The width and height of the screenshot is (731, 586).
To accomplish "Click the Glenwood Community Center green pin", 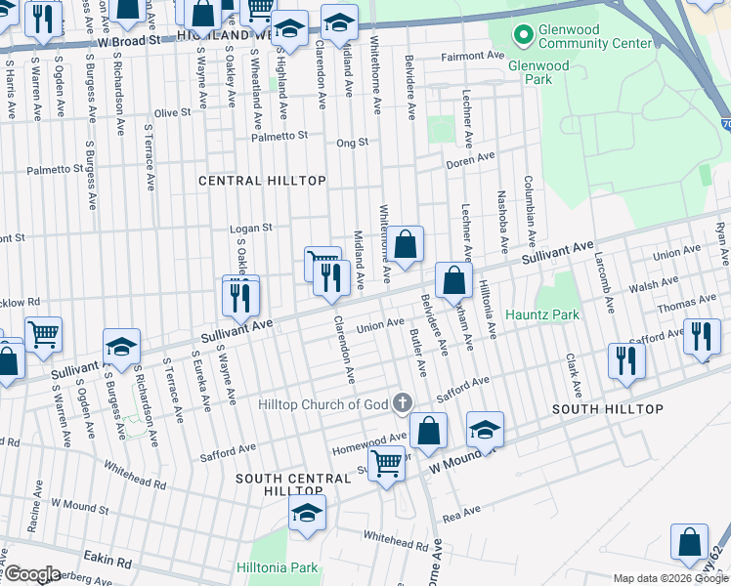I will [x=524, y=34].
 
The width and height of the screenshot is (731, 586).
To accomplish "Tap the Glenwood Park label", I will [x=537, y=65].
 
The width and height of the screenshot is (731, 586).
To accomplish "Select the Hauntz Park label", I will [x=542, y=314].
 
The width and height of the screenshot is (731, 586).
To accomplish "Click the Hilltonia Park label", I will [x=278, y=567].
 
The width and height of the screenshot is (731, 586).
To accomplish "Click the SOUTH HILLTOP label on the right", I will [x=608, y=408].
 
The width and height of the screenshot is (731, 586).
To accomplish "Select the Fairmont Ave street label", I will [x=469, y=56].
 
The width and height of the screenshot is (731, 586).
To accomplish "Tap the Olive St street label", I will [x=172, y=112].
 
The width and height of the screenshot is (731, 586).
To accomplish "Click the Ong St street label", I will [x=352, y=142].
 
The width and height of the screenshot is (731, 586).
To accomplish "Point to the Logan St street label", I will [x=249, y=229].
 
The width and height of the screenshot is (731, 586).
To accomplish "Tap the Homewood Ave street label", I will [x=370, y=439].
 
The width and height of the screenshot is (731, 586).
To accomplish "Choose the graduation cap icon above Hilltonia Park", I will [x=307, y=513].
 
